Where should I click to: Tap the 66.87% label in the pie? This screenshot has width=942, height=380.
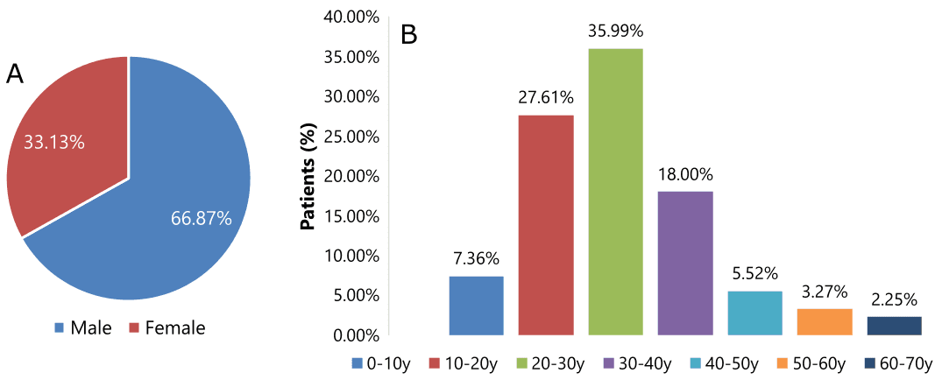tap(202, 218)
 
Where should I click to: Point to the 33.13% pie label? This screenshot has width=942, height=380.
tap(54, 142)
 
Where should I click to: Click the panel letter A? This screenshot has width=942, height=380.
tap(15, 74)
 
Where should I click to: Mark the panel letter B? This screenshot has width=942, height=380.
tap(409, 35)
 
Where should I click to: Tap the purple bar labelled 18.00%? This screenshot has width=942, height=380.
tap(685, 263)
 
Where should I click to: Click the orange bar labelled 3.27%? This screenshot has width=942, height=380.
tap(825, 321)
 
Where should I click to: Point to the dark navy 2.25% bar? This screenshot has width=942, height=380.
tap(894, 325)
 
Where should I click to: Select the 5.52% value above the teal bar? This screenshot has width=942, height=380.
tap(754, 274)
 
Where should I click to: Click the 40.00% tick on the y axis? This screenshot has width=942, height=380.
tap(351, 17)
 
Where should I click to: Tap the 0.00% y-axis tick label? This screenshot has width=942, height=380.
tap(355, 334)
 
